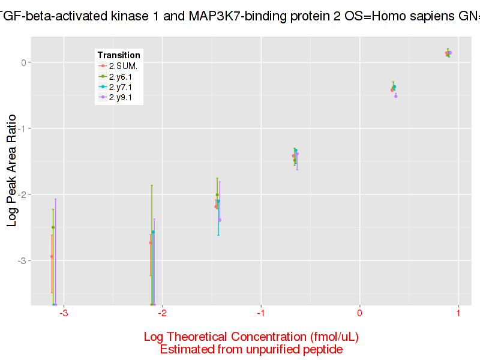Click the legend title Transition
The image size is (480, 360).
coord(119,55)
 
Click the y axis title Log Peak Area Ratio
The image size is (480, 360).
coord(12,170)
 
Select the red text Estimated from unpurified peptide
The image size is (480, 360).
coord(251,349)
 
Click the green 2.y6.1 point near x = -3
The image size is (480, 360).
coord(53,227)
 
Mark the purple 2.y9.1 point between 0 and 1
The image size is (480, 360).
coord(396,96)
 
